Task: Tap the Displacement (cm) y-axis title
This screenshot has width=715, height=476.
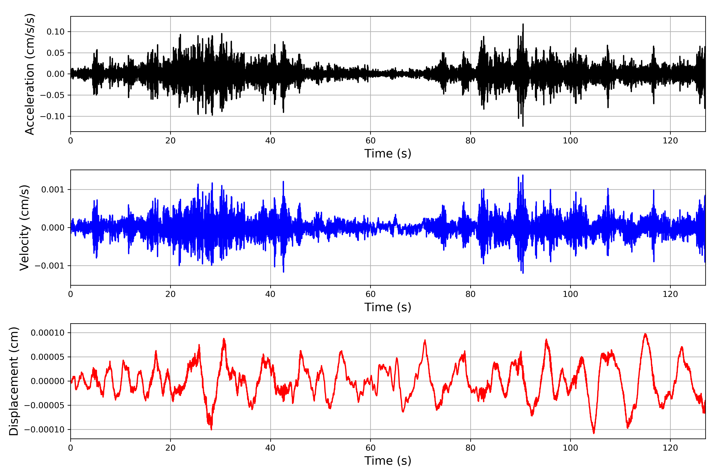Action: (14, 381)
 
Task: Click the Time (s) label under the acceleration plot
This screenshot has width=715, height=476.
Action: (388, 154)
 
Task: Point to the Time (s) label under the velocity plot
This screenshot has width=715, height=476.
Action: (388, 307)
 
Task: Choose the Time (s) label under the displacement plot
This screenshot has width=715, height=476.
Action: (388, 461)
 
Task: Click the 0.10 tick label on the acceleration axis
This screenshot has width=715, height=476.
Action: (55, 32)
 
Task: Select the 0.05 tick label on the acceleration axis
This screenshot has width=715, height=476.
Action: (55, 53)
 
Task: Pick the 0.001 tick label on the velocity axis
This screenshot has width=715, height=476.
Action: (53, 190)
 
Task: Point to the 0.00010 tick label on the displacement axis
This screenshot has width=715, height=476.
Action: (47, 333)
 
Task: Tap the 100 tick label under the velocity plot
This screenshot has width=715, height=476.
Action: (570, 294)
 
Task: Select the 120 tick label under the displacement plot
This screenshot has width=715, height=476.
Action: (670, 448)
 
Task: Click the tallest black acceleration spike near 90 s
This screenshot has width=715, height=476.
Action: (523, 24)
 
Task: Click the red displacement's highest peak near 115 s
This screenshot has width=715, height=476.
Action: (645, 334)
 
